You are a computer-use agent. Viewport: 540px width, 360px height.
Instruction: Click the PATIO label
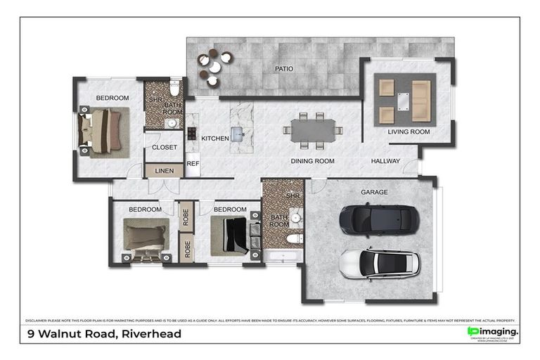[x=284, y=69]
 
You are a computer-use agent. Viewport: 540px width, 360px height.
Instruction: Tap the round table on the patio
[x=214, y=65]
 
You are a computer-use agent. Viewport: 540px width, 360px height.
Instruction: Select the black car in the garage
[x=379, y=219]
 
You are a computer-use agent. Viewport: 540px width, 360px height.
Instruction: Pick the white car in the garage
[x=379, y=264]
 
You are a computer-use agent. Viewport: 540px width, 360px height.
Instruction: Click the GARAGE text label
[x=374, y=191]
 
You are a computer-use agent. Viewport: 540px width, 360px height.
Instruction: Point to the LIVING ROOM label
[x=409, y=131]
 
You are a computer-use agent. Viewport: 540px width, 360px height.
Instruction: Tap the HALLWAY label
[x=385, y=161]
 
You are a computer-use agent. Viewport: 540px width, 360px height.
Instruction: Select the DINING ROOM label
[x=313, y=161]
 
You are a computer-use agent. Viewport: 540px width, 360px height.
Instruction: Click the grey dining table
[x=314, y=130]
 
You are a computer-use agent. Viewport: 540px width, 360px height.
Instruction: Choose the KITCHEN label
[x=215, y=139]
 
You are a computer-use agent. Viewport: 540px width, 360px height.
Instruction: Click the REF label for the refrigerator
[x=193, y=163]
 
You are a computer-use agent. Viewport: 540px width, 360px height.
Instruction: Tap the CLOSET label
[x=165, y=148]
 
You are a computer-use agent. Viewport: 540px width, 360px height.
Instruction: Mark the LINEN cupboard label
[x=164, y=171]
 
